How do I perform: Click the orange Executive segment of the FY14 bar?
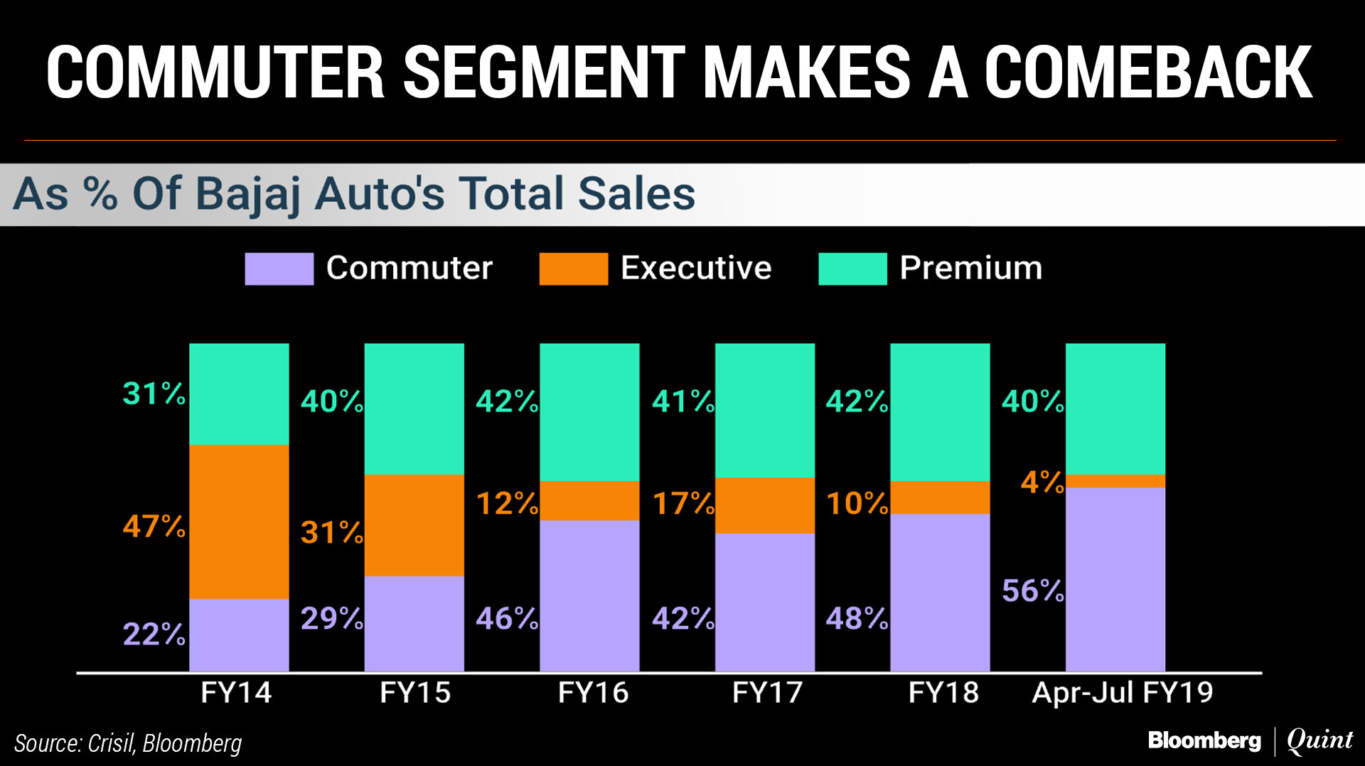tap(239, 522)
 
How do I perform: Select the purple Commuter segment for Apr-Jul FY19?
tap(1115, 578)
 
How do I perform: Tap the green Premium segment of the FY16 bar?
tap(589, 412)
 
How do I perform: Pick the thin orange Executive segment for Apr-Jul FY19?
tap(1115, 481)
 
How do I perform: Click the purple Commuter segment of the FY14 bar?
tap(239, 635)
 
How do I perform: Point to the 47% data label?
tap(154, 527)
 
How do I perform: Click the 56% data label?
tap(1032, 590)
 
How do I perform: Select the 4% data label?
tap(1042, 482)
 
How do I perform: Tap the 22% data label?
tap(154, 634)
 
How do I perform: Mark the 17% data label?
tap(683, 504)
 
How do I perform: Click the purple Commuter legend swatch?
tap(279, 269)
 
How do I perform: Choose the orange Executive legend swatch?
tap(573, 269)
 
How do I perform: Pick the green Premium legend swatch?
tap(852, 269)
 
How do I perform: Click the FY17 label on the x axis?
tap(767, 692)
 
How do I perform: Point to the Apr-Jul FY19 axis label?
tap(1122, 692)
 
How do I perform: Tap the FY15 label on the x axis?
tap(415, 692)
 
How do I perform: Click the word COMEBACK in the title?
tap(1147, 72)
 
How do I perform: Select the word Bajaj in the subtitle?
tap(247, 194)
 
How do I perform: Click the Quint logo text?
tap(1319, 740)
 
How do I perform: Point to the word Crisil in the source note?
tap(111, 743)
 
